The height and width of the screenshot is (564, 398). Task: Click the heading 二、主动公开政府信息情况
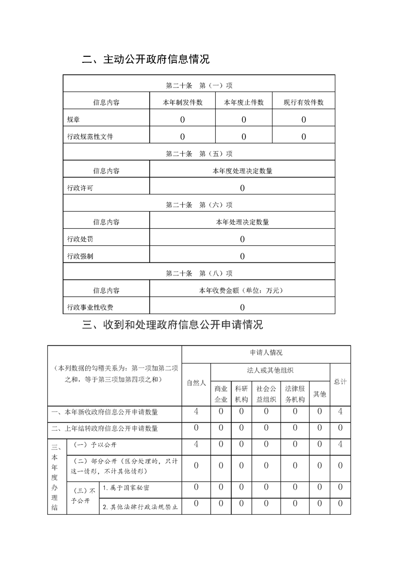(146, 60)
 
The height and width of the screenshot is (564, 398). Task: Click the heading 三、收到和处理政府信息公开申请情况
(172, 325)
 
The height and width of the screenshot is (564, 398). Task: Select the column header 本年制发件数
(182, 103)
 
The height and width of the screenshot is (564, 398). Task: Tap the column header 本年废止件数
(243, 103)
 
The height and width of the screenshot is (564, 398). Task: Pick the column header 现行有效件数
(304, 103)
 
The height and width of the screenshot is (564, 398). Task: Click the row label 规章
(73, 120)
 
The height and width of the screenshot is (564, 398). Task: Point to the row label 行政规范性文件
(90, 137)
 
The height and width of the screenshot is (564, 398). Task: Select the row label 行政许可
(80, 189)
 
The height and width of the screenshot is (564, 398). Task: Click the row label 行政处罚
(80, 239)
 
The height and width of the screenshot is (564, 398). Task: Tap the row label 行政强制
(80, 256)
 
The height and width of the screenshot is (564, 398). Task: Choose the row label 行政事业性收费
(90, 307)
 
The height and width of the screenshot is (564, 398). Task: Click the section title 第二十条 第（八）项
(199, 273)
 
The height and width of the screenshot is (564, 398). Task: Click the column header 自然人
(196, 383)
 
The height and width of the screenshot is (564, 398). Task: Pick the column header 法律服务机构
(295, 394)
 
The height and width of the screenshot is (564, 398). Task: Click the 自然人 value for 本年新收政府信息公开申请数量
(196, 412)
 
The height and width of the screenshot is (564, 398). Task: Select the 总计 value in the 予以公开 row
(340, 444)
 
